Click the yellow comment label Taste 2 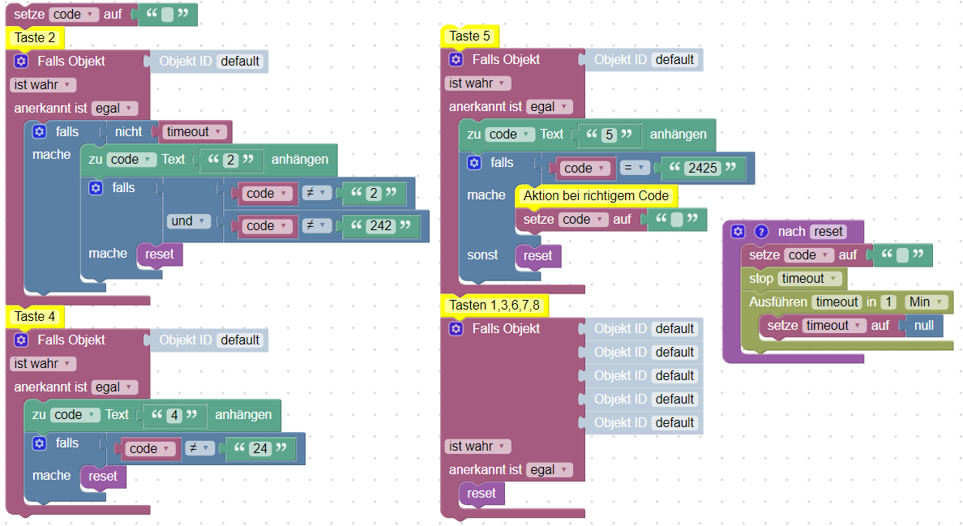[35, 37]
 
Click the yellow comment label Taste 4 [35, 316]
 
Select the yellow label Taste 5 [469, 36]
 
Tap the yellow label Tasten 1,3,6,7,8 [494, 306]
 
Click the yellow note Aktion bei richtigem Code [596, 195]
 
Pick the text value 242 [381, 226]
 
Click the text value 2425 [702, 169]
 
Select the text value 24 [259, 448]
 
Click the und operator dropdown [188, 220]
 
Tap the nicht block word [128, 131]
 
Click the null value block [923, 326]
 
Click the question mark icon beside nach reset [760, 232]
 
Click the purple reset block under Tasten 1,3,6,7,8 [481, 493]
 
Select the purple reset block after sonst [537, 256]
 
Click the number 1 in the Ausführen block [888, 302]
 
